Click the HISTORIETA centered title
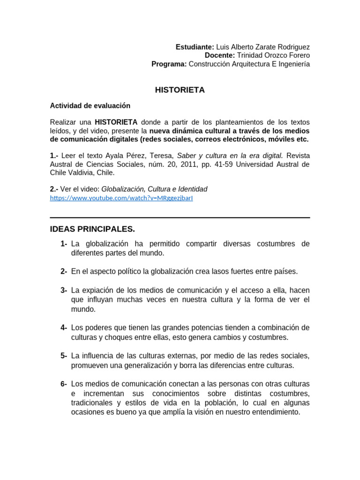(x=180, y=90)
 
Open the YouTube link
(x=121, y=198)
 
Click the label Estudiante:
(x=195, y=47)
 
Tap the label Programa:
(x=169, y=64)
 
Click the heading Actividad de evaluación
(x=90, y=106)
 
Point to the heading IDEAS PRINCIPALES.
(x=92, y=229)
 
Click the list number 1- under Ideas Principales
(x=64, y=244)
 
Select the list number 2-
(x=64, y=271)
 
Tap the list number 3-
(x=64, y=290)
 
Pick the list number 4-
(x=64, y=327)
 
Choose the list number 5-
(x=64, y=355)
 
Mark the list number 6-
(x=64, y=384)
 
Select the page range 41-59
(x=225, y=164)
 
